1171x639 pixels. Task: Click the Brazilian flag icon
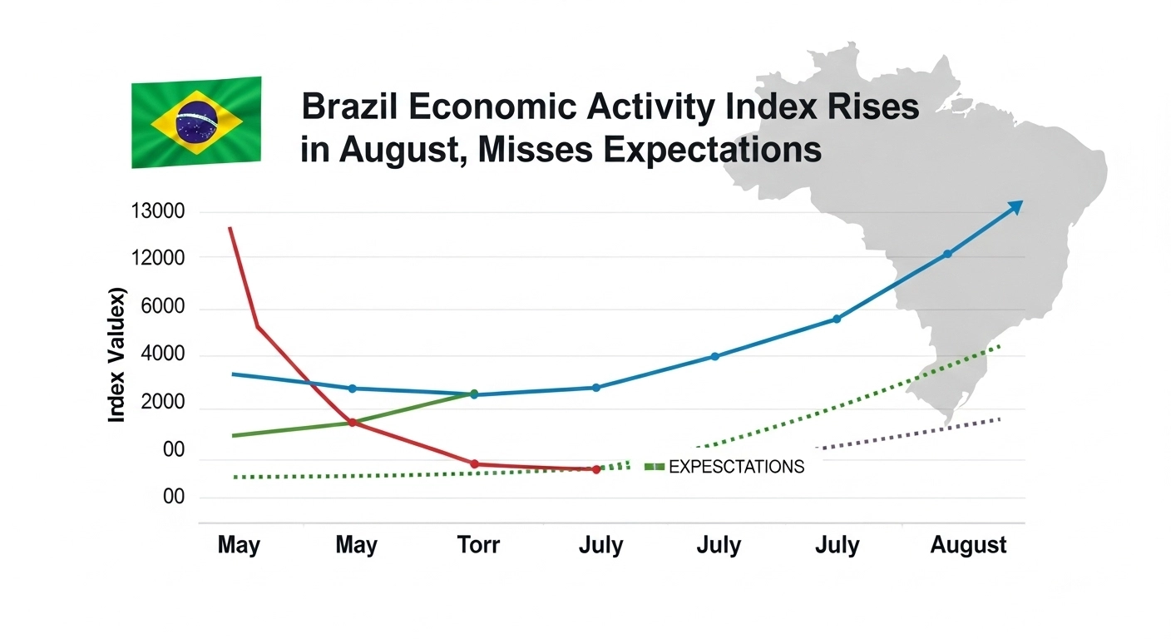pos(196,122)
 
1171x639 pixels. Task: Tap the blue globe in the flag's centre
pos(197,121)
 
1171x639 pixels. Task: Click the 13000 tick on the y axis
pos(157,211)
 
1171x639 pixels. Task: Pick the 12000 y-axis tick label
pos(157,258)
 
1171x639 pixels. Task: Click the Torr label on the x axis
pos(478,546)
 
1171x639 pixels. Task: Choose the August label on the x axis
pos(968,546)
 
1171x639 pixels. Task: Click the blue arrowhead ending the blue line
pos(1015,206)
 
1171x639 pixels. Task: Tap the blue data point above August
pos(946,254)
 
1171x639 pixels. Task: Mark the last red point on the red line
pos(596,469)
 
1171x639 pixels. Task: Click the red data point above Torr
pos(475,463)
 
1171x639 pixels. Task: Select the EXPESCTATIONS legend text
pos(736,467)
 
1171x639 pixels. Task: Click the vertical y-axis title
pos(117,355)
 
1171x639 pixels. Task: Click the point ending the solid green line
pos(474,393)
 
